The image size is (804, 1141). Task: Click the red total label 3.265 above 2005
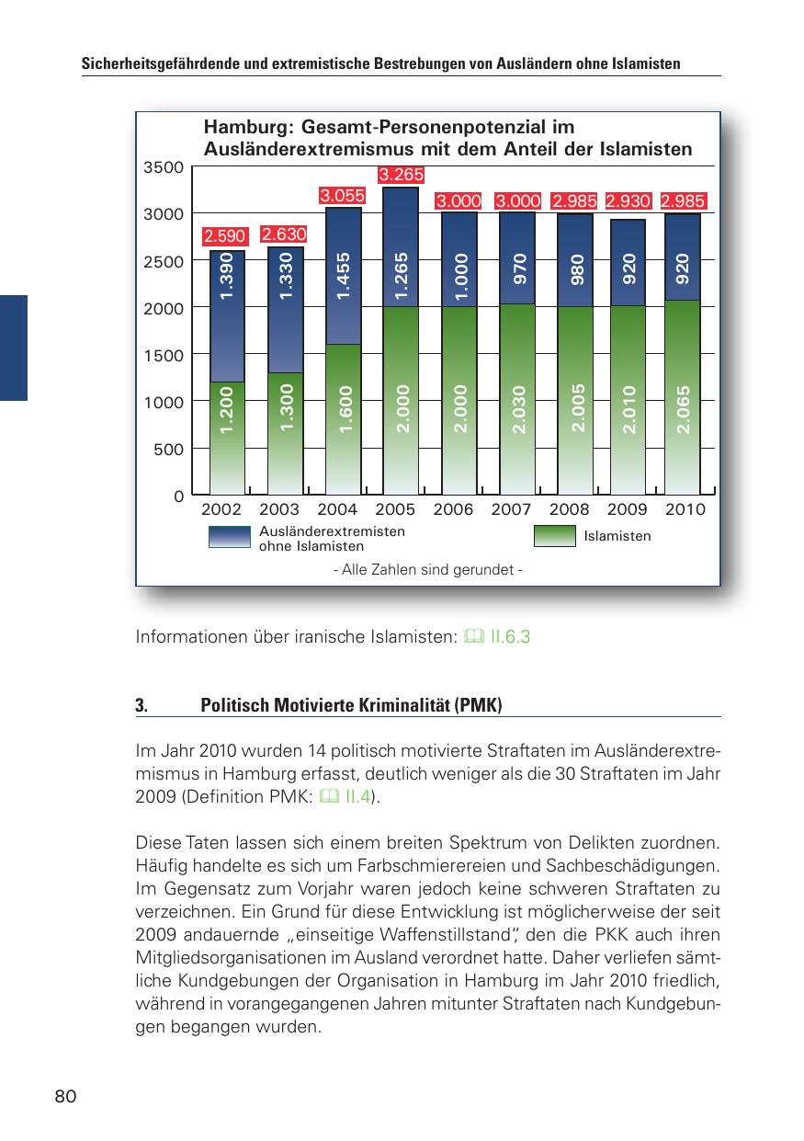(x=401, y=175)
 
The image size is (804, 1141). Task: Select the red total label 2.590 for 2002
(x=225, y=238)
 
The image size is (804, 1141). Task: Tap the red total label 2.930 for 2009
(x=628, y=200)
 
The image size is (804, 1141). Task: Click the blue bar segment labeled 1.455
(x=343, y=276)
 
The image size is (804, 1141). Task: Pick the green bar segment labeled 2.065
(x=683, y=397)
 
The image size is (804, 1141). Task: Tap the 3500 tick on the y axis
(x=164, y=167)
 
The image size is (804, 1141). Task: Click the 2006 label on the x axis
(x=453, y=509)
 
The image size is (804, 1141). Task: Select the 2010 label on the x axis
(x=685, y=509)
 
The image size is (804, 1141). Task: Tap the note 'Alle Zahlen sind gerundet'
(x=427, y=570)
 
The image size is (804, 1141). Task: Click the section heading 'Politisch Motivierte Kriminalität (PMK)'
(x=351, y=706)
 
